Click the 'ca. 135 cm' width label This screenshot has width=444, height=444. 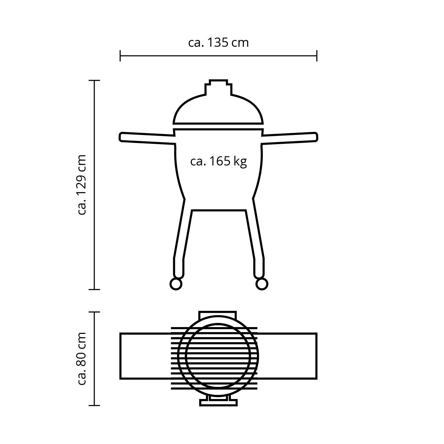coord(218,43)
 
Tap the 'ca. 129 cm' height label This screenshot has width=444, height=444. coord(81,184)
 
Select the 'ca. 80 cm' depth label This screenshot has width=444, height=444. coord(81,358)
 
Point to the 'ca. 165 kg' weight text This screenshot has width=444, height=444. coord(218,162)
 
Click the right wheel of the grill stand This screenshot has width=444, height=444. coord(262,284)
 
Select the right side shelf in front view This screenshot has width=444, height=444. coord(290,138)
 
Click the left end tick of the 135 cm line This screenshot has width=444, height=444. coord(120,56)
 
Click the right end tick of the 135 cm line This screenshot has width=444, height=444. coord(317,56)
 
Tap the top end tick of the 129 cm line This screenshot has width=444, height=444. coord(94,80)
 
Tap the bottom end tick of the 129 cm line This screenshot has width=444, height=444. coord(94,289)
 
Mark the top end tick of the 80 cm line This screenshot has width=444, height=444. coord(94,312)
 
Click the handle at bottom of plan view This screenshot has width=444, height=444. coord(219,402)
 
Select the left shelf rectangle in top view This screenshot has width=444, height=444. coord(145,356)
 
